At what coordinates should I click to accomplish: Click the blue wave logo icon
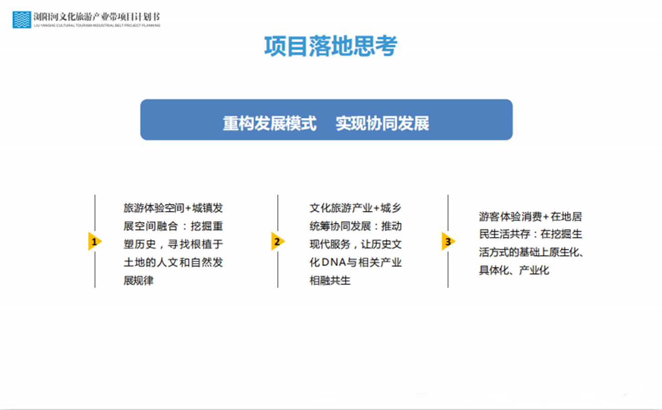[x=21, y=20]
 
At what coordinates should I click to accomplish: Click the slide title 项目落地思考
[x=331, y=46]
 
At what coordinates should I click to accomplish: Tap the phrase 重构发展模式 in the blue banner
[x=269, y=123]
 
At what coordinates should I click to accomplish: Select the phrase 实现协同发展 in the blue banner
[x=382, y=123]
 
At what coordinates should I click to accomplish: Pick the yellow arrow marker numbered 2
[x=278, y=242]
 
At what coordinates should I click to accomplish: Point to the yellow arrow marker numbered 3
[x=448, y=242]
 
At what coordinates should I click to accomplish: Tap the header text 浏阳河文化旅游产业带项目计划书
[x=97, y=16]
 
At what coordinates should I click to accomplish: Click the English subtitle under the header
[x=97, y=26]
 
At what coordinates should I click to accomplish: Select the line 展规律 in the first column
[x=139, y=280]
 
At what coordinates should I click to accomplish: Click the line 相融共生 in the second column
[x=330, y=280]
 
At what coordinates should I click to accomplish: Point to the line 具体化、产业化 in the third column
[x=514, y=270]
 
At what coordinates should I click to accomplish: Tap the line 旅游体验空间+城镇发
[x=173, y=208]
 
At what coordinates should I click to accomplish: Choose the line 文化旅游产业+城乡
[x=355, y=208]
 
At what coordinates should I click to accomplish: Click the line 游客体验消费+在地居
[x=531, y=217]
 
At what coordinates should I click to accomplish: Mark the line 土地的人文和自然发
[x=173, y=262]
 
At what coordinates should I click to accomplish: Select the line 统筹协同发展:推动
[x=356, y=226]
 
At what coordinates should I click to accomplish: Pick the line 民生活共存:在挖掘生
[x=531, y=234]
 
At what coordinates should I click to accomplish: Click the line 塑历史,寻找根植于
[x=173, y=244]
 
